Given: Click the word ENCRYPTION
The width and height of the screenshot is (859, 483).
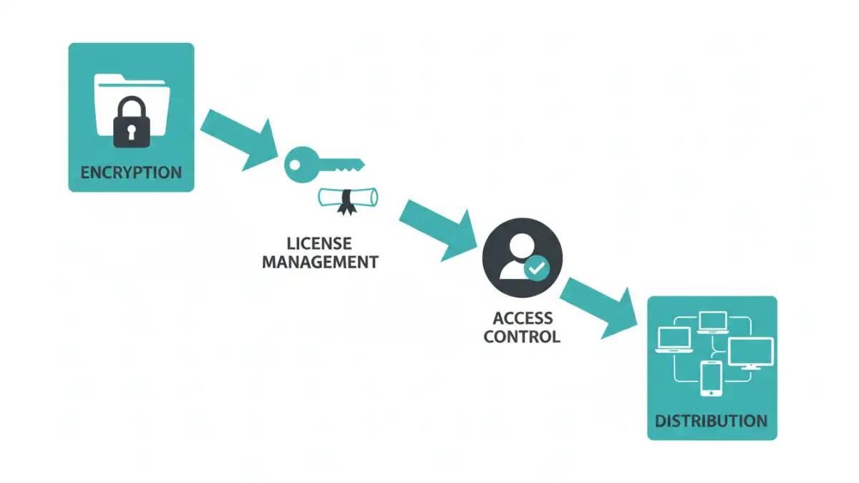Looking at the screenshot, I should tap(131, 172).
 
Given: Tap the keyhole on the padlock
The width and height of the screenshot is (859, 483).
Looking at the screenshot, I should tap(132, 131).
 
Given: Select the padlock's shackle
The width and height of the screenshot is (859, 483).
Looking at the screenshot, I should tap(132, 108).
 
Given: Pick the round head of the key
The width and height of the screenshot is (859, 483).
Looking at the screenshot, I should tap(297, 164).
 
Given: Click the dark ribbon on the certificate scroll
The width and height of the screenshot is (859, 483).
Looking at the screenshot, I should tap(347, 203).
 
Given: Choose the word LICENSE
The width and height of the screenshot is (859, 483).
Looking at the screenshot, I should tap(319, 244).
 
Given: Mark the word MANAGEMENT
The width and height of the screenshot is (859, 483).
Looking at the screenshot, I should tap(319, 263).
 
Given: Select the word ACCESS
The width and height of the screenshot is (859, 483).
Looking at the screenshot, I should tap(523, 318).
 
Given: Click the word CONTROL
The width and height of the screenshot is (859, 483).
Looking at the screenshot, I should tap(522, 336).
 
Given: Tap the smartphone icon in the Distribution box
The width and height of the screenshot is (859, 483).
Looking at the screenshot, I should tap(711, 379).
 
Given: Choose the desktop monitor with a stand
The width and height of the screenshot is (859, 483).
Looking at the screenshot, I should tap(750, 353).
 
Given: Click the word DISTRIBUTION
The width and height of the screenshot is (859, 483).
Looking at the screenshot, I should tap(712, 420).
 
